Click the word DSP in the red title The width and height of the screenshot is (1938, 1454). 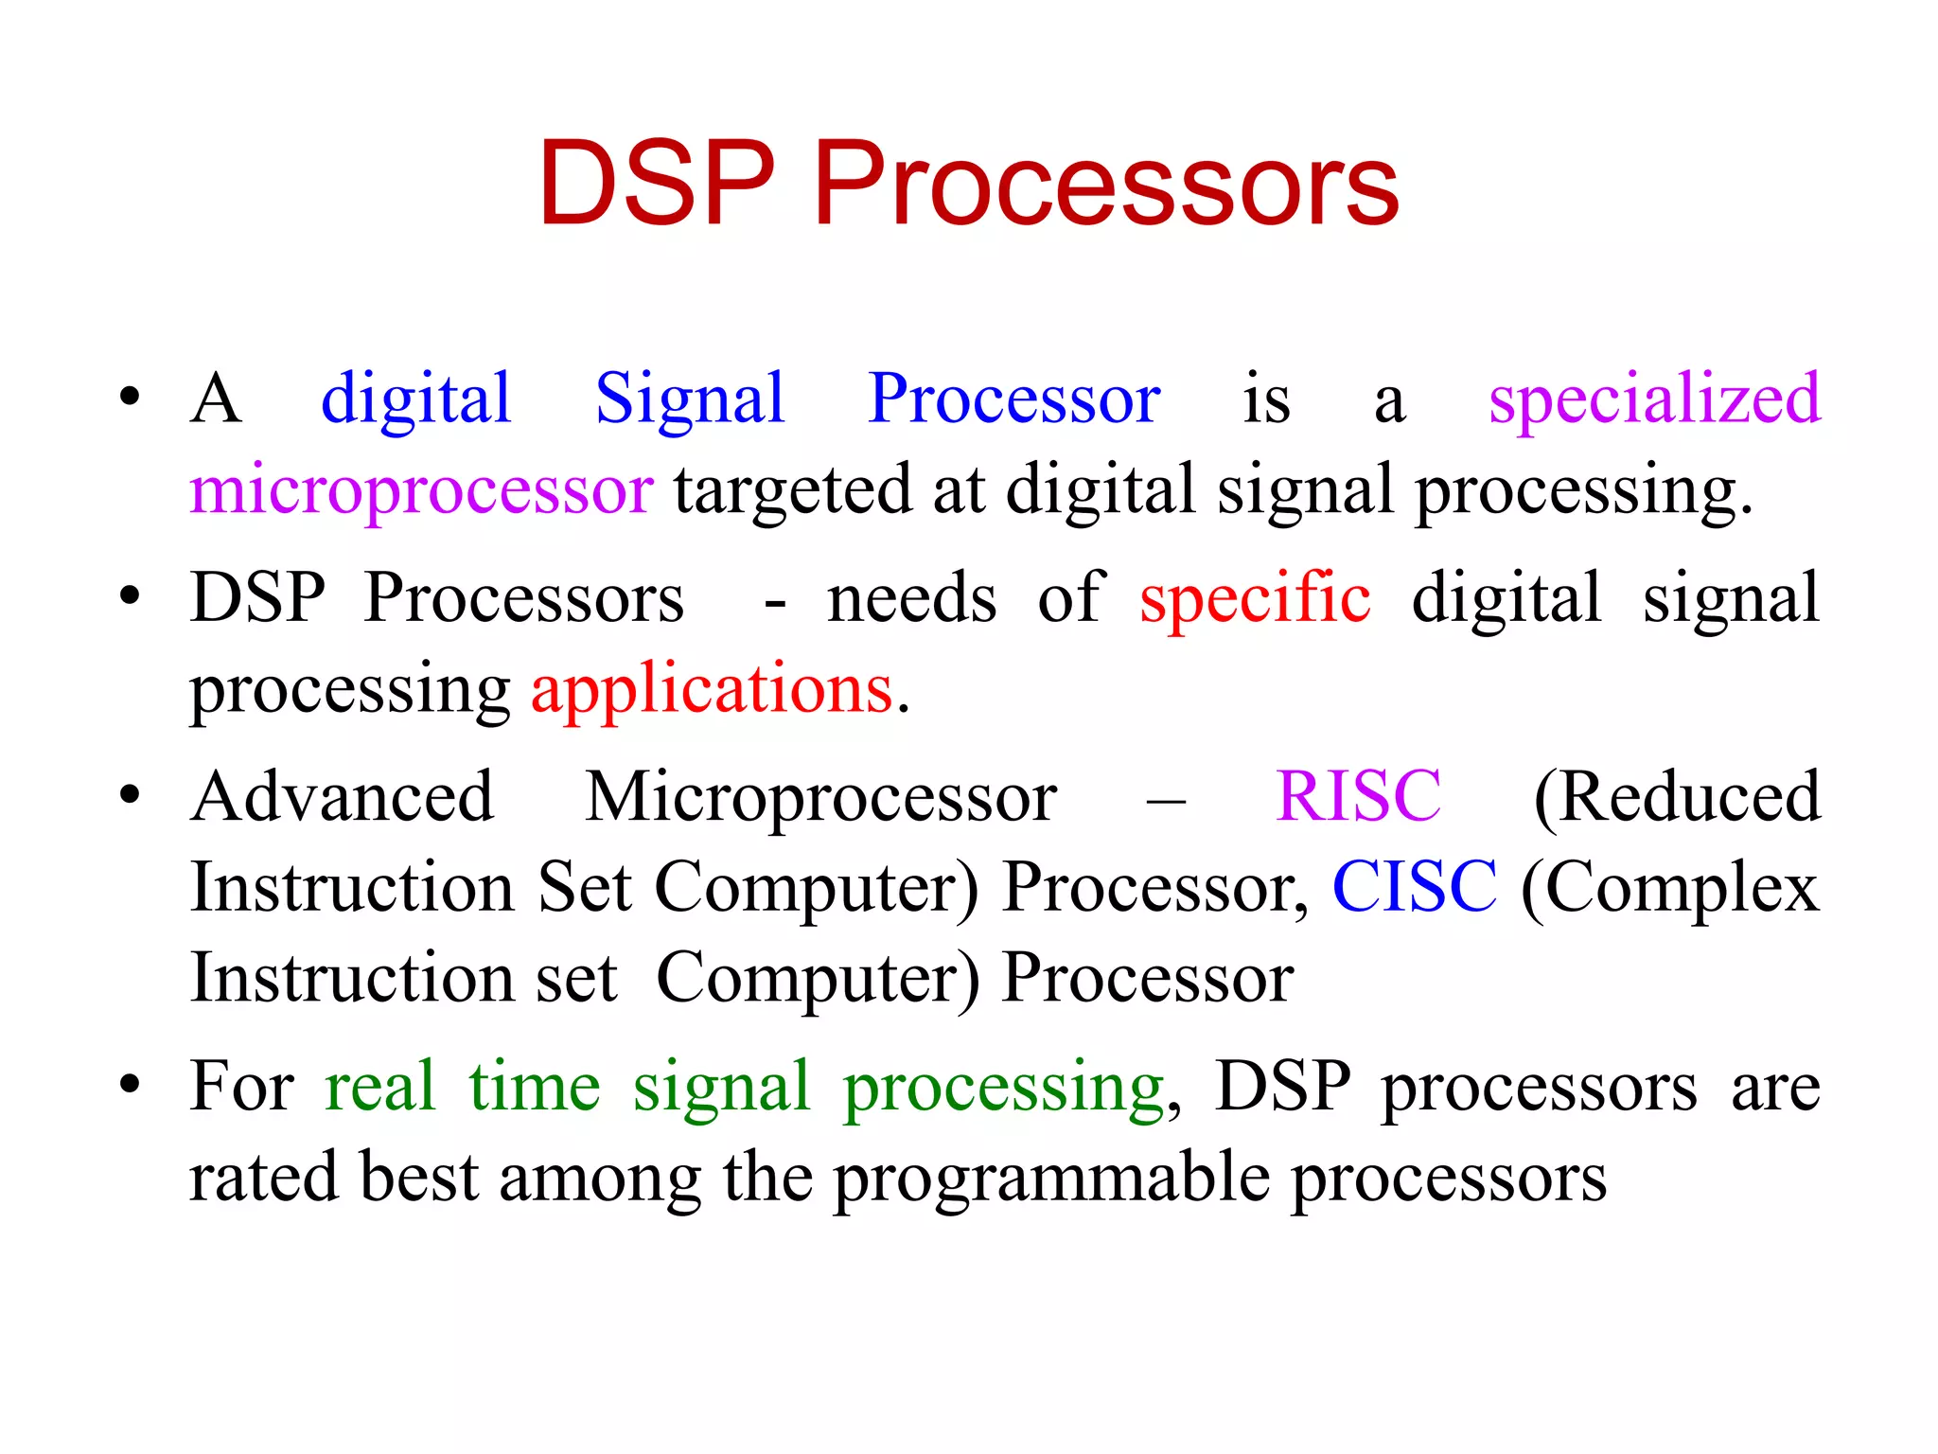tap(657, 184)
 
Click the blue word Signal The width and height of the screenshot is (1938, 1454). tap(690, 399)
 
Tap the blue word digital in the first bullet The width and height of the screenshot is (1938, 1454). tap(415, 399)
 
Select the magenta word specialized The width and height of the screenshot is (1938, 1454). tap(1654, 399)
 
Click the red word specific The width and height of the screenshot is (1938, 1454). tap(1255, 598)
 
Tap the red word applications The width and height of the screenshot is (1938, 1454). tap(712, 689)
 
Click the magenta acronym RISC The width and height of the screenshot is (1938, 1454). tap(1358, 796)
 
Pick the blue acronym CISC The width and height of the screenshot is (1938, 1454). tap(1415, 888)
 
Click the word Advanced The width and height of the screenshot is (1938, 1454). tap(342, 796)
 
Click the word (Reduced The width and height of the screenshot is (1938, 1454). tap(1677, 798)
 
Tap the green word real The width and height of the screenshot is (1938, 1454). tap(379, 1087)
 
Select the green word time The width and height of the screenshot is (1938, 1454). tap(535, 1087)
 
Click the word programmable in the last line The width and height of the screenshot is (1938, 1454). tap(1051, 1179)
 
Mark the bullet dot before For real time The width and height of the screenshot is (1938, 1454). tap(131, 1083)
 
